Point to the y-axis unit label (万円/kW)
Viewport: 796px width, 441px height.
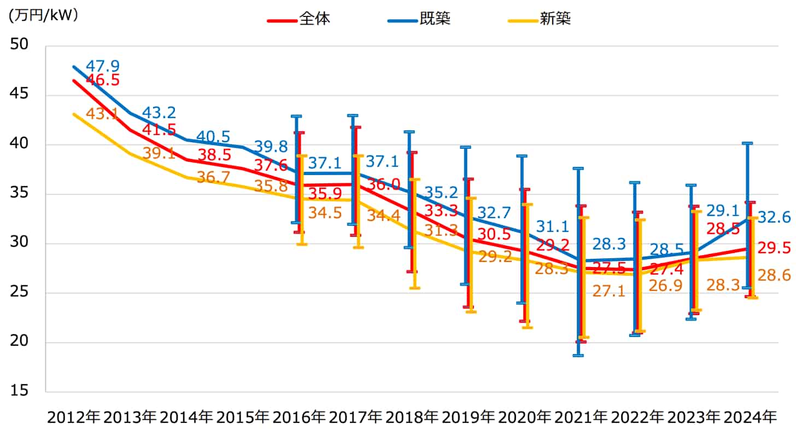(x=43, y=15)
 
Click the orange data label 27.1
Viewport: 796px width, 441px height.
(x=608, y=291)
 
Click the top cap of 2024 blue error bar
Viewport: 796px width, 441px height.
(x=747, y=143)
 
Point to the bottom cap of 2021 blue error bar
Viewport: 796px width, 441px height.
(x=578, y=356)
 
